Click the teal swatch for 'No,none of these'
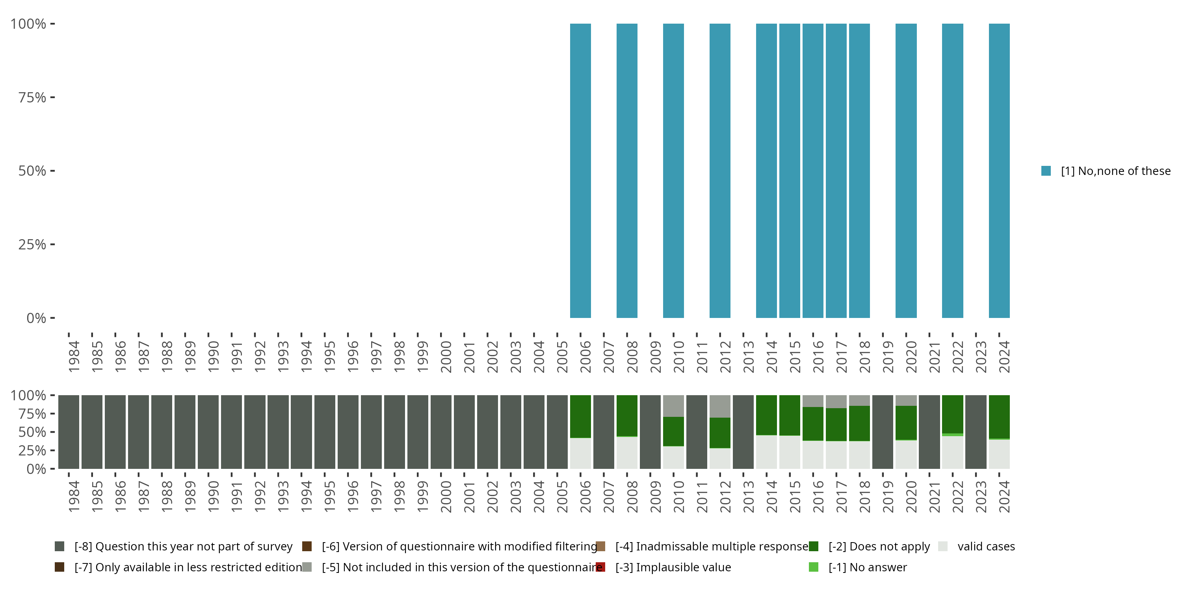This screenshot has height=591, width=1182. [x=1046, y=171]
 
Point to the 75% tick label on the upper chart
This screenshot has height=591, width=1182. [x=32, y=97]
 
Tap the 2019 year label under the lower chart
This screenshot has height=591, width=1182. [x=888, y=496]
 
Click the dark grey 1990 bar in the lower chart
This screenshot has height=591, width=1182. [x=208, y=432]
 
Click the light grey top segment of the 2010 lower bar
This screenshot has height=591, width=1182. [x=673, y=406]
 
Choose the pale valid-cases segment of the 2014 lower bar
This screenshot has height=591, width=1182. [x=766, y=452]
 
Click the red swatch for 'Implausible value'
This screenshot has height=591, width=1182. [x=600, y=567]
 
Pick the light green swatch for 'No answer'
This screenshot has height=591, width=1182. [x=814, y=567]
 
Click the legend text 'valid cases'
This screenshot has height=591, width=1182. [x=986, y=546]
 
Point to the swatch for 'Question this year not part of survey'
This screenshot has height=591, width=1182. [x=59, y=546]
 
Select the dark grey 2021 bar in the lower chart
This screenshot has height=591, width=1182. [x=929, y=432]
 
